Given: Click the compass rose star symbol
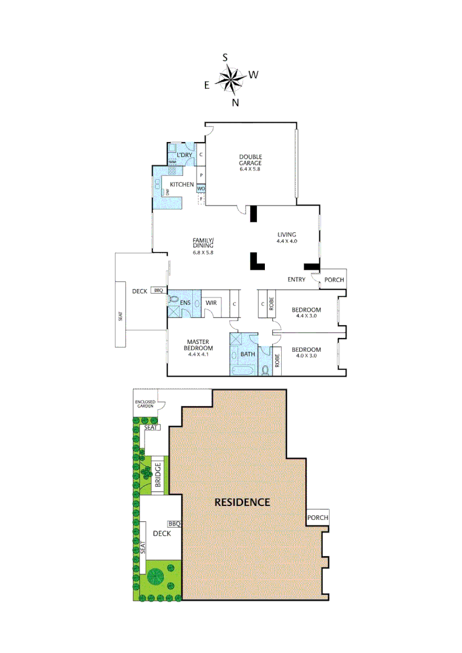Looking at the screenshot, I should (230, 79).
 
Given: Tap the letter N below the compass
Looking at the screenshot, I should (236, 102).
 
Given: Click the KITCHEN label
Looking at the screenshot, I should (181, 184).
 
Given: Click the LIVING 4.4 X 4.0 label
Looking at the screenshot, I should (288, 238).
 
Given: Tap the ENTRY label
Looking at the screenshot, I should (296, 279).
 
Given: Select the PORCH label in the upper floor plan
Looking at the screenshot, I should (334, 279).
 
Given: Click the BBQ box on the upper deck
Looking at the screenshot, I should (158, 291).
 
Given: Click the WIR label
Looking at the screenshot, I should (211, 302).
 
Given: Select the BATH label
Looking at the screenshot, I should (248, 354).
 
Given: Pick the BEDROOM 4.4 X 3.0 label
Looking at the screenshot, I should (308, 313).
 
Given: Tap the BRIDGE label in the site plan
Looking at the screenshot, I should (158, 475).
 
